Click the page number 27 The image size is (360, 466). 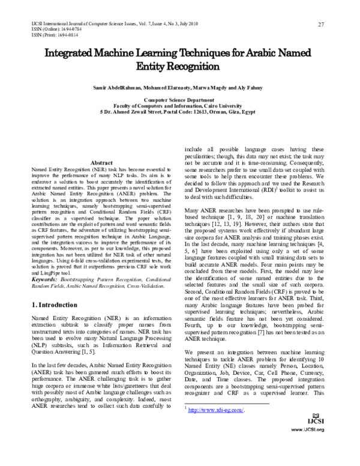321,24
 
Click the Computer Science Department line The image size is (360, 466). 180,98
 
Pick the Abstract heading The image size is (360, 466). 101,163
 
